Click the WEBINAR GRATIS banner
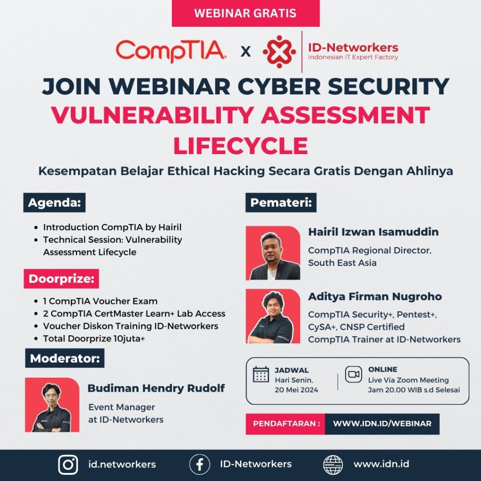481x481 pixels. click(x=245, y=13)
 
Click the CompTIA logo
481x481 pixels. click(x=171, y=51)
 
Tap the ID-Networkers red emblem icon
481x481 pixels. click(x=279, y=52)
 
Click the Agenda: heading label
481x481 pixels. click(x=54, y=202)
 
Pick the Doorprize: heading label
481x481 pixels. click(x=62, y=279)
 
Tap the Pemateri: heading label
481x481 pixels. click(x=281, y=202)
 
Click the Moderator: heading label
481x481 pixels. click(x=65, y=358)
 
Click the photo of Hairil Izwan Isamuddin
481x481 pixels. click(x=273, y=253)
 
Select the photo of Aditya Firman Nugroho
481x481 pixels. click(x=273, y=316)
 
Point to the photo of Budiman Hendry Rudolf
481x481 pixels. click(x=52, y=404)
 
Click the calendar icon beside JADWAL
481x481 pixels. click(x=261, y=374)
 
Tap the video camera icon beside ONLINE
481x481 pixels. click(x=354, y=374)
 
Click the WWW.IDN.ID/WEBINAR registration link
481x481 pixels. click(x=382, y=424)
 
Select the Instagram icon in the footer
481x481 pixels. click(x=68, y=465)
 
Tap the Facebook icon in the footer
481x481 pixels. click(x=200, y=465)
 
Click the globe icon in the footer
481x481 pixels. click(x=333, y=465)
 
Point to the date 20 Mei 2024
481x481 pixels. click(x=296, y=390)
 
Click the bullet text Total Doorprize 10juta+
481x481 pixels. click(x=94, y=338)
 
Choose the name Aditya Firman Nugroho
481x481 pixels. click(x=375, y=296)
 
